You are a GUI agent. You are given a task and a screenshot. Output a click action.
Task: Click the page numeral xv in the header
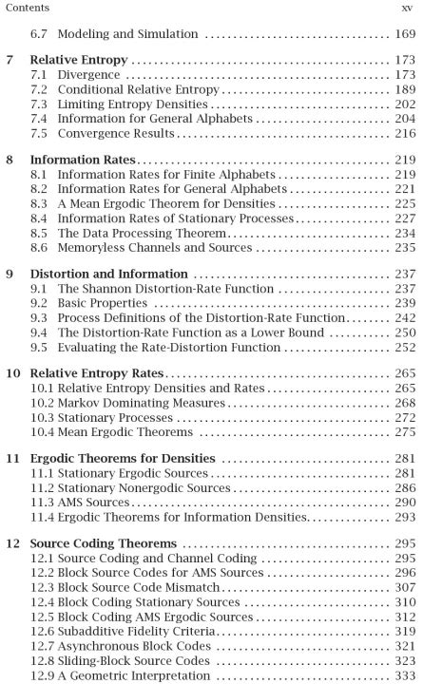coord(407,8)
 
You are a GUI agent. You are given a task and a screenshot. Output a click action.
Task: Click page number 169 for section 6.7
coord(402,34)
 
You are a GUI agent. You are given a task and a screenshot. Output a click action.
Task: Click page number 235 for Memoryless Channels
coord(402,247)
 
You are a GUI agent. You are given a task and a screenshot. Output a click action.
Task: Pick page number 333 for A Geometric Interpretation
coord(402,675)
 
